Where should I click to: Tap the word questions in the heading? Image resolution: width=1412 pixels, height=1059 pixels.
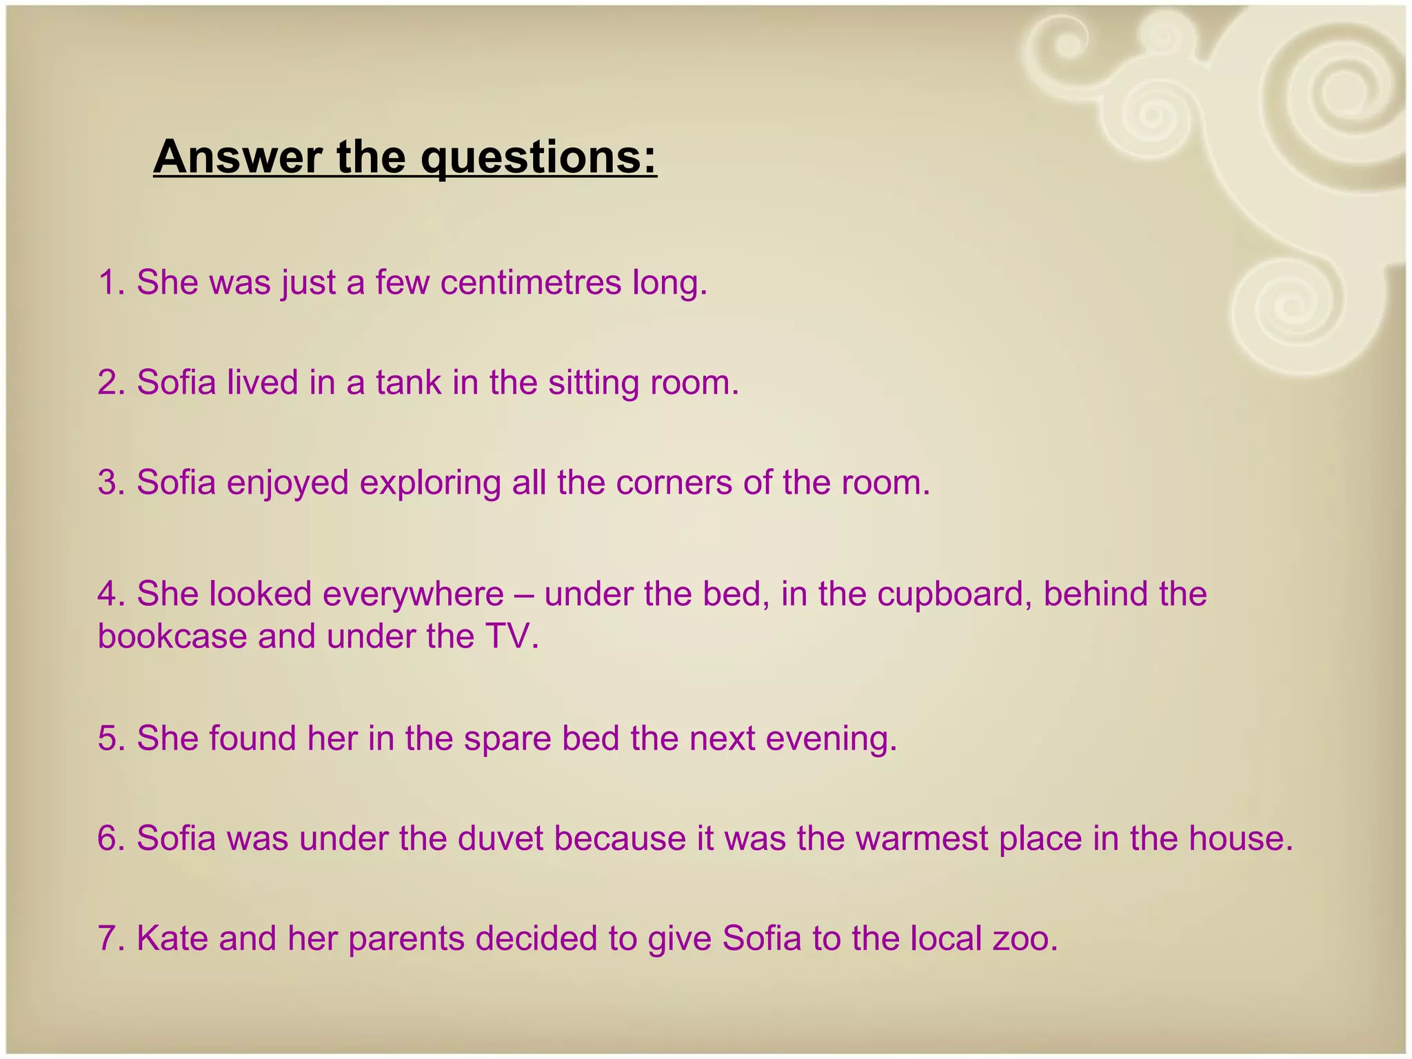(538, 159)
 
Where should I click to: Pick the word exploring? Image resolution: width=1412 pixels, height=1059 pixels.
(430, 483)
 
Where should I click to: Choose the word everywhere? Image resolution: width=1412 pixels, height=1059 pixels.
(413, 594)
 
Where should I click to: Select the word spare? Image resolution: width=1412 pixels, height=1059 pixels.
(507, 738)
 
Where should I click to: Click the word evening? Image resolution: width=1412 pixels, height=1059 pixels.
(831, 738)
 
